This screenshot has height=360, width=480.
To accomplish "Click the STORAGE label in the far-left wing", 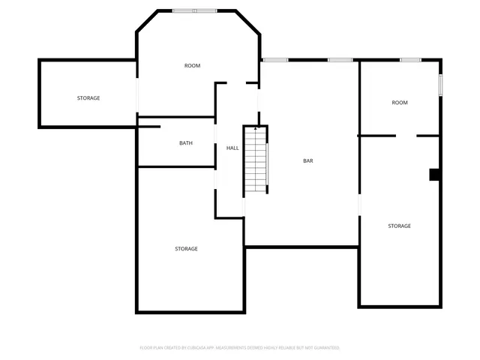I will pyautogui.click(x=88, y=98).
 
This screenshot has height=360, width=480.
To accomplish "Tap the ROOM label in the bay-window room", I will pyautogui.click(x=192, y=66).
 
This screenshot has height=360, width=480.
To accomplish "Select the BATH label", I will pyautogui.click(x=186, y=143).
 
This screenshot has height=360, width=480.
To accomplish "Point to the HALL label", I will pyautogui.click(x=232, y=148).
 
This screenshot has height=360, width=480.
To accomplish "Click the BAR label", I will pyautogui.click(x=307, y=160).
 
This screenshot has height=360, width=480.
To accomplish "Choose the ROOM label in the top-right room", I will pyautogui.click(x=399, y=102).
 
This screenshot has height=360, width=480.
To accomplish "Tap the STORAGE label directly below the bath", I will pyautogui.click(x=186, y=249).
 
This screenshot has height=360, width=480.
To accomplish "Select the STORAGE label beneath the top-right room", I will pyautogui.click(x=399, y=226).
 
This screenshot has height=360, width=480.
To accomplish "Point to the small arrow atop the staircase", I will pyautogui.click(x=256, y=129).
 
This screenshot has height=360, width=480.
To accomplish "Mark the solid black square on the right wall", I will pyautogui.click(x=434, y=175).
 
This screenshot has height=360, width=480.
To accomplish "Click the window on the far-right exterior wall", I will pyautogui.click(x=441, y=84).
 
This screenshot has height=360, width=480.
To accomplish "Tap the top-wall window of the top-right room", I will pyautogui.click(x=410, y=59).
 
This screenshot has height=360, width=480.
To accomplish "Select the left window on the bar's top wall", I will pyautogui.click(x=275, y=59).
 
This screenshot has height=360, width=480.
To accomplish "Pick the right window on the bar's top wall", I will pyautogui.click(x=340, y=59).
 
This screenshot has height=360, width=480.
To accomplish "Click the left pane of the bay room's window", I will pyautogui.click(x=184, y=10).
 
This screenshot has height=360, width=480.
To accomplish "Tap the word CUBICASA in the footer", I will pyautogui.click(x=185, y=348).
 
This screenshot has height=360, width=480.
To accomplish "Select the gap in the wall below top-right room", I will pyautogui.click(x=406, y=136).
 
